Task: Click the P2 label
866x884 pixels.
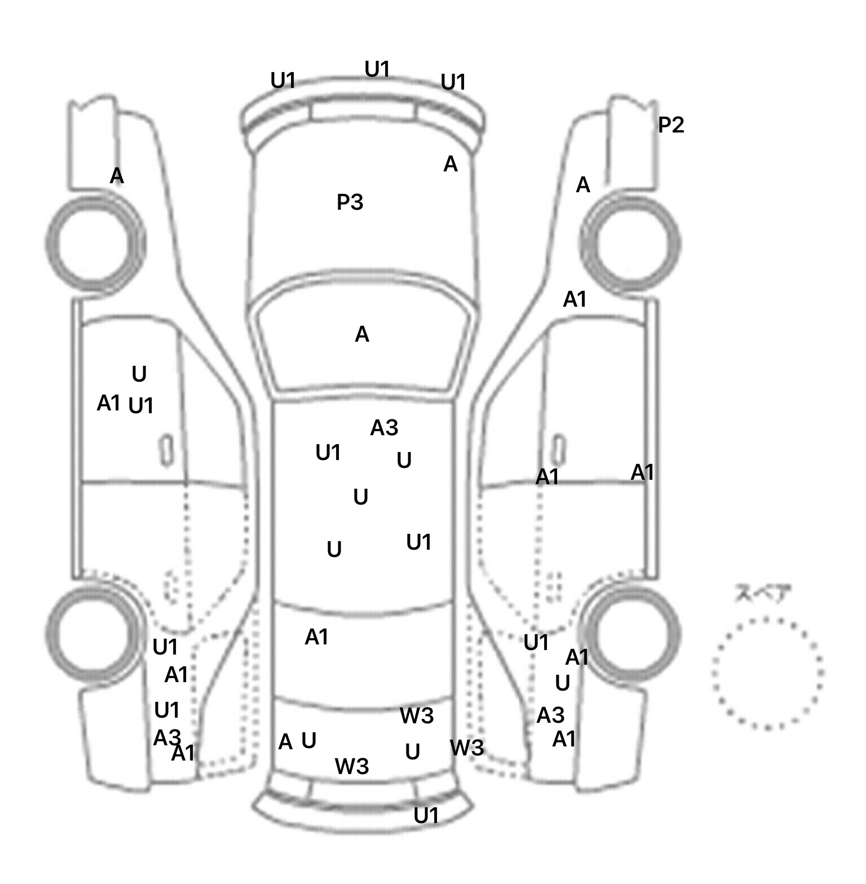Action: (x=671, y=125)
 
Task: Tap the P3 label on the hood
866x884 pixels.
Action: (x=350, y=202)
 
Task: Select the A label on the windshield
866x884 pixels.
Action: (x=362, y=335)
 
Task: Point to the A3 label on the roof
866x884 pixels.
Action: (x=384, y=428)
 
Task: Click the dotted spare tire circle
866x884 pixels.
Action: (x=767, y=673)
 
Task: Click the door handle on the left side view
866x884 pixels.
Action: (x=166, y=449)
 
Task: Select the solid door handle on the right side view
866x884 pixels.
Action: (x=558, y=449)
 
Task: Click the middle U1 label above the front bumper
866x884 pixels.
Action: (x=377, y=69)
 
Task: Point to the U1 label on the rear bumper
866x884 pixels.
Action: (x=426, y=815)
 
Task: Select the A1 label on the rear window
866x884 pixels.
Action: (x=316, y=637)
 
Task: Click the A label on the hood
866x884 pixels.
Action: (x=450, y=164)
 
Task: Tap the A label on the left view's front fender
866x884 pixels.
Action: (x=117, y=176)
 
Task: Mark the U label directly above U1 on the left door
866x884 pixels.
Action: (x=139, y=374)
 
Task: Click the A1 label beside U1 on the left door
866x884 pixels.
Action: (x=109, y=403)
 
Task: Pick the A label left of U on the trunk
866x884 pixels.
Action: (x=285, y=742)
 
